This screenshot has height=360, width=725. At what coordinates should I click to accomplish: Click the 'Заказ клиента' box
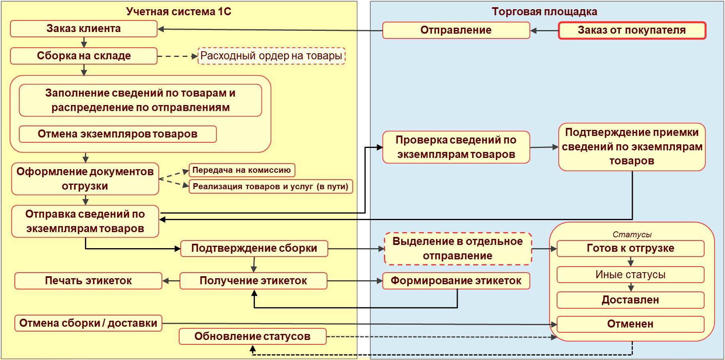pyautogui.click(x=83, y=29)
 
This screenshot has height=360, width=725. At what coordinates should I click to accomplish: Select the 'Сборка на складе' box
pyautogui.click(x=83, y=56)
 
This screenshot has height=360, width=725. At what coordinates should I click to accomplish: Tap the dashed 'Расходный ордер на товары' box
pyautogui.click(x=271, y=56)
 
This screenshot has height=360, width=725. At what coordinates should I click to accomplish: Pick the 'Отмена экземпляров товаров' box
pyautogui.click(x=117, y=134)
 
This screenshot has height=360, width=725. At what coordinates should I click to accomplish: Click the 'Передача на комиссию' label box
pyautogui.click(x=242, y=170)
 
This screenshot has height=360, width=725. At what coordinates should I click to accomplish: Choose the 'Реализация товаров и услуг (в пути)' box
pyautogui.click(x=271, y=186)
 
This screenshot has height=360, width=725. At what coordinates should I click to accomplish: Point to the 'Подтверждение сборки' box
pyautogui.click(x=254, y=249)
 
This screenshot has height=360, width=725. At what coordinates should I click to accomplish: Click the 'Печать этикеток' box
pyautogui.click(x=88, y=281)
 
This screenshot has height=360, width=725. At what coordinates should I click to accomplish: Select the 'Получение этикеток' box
pyautogui.click(x=253, y=281)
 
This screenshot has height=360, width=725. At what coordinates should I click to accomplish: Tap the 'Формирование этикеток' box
pyautogui.click(x=456, y=281)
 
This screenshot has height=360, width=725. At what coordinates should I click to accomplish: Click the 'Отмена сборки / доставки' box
pyautogui.click(x=88, y=323)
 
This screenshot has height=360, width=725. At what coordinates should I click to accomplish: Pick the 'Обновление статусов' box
pyautogui.click(x=252, y=336)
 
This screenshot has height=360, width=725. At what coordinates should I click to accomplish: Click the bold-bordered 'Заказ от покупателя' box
pyautogui.click(x=632, y=30)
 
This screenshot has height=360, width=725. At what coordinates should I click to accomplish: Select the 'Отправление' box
pyautogui.click(x=456, y=30)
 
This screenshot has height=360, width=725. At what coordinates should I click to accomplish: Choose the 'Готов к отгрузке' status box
pyautogui.click(x=630, y=249)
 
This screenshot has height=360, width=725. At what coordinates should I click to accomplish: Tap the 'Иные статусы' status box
pyautogui.click(x=630, y=275)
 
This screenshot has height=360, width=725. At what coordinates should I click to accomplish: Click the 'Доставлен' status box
pyautogui.click(x=630, y=300)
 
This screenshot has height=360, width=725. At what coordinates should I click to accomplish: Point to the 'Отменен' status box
pyautogui.click(x=630, y=324)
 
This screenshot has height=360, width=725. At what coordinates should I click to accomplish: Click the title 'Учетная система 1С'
pyautogui.click(x=179, y=12)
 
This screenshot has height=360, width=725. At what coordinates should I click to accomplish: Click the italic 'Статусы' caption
pyautogui.click(x=632, y=235)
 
